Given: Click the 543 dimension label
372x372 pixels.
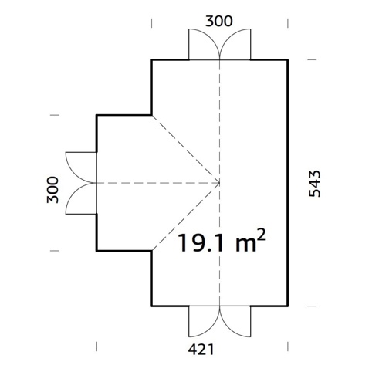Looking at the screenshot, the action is [x=315, y=184].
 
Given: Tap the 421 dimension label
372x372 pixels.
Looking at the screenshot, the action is [x=201, y=350].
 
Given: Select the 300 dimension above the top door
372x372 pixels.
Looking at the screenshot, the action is [x=219, y=21].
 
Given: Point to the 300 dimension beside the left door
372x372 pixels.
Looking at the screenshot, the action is [x=52, y=190].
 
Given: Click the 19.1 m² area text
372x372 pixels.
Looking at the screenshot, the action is [x=222, y=241].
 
